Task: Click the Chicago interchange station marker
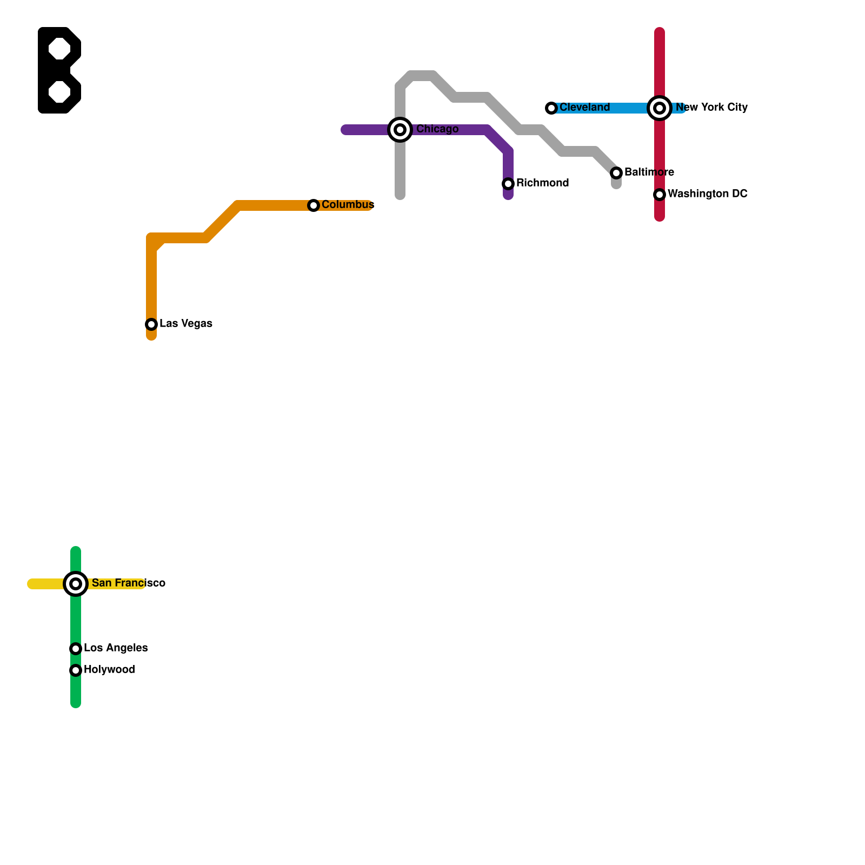pyautogui.click(x=400, y=130)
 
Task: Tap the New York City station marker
pyautogui.click(x=660, y=108)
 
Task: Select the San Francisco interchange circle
pyautogui.click(x=76, y=584)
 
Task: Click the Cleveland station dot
pyautogui.click(x=551, y=108)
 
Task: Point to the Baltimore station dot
pyautogui.click(x=616, y=173)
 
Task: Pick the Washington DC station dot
pyautogui.click(x=660, y=195)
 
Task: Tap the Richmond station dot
pyautogui.click(x=508, y=184)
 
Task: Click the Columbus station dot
pyautogui.click(x=314, y=205)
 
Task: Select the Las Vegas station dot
pyautogui.click(x=151, y=324)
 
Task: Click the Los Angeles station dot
pyautogui.click(x=76, y=649)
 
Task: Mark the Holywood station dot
pyautogui.click(x=76, y=670)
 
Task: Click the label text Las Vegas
pyautogui.click(x=186, y=324)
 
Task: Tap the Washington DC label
pyautogui.click(x=707, y=194)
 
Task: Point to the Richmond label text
pyautogui.click(x=542, y=183)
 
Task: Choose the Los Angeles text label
pyautogui.click(x=116, y=648)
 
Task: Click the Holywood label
pyautogui.click(x=109, y=670)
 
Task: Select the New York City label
pyautogui.click(x=711, y=108)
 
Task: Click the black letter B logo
pyautogui.click(x=59, y=70)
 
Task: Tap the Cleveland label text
pyautogui.click(x=584, y=108)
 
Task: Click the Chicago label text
pyautogui.click(x=437, y=129)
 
